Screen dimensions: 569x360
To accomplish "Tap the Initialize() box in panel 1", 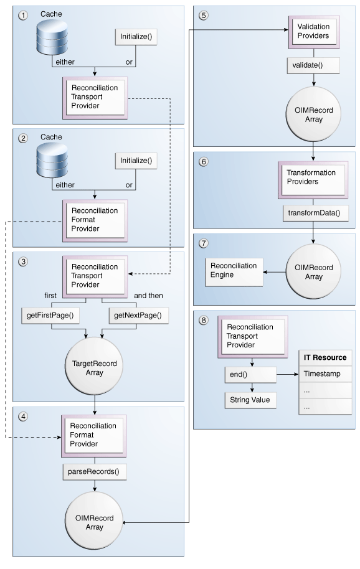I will tap(135, 37).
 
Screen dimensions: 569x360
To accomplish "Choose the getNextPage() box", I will tap(138, 315).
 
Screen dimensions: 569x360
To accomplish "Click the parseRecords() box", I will tap(93, 471).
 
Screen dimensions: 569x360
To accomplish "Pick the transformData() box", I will tap(308, 212).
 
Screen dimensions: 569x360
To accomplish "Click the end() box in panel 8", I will tap(250, 374).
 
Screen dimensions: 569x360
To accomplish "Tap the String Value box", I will tap(249, 400).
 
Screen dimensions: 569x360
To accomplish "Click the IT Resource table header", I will tap(324, 358).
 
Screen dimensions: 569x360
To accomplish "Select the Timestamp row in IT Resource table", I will tap(324, 374).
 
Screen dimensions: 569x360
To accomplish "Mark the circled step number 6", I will tap(203, 160).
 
